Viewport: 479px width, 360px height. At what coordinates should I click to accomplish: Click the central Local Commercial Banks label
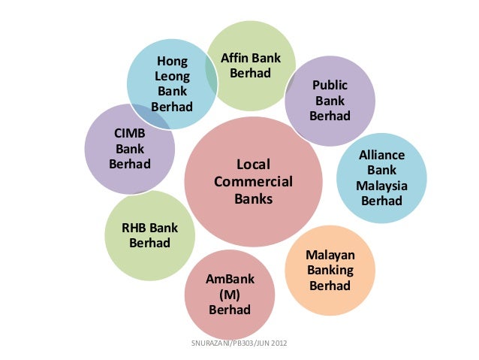253,182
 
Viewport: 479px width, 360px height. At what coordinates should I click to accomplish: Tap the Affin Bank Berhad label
250,66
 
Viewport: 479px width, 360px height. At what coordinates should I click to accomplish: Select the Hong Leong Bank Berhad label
172,83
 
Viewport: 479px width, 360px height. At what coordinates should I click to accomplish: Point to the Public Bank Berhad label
330,101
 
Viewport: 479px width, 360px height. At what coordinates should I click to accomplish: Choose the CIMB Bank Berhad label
130,148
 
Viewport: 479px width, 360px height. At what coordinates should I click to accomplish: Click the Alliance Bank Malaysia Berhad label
381,178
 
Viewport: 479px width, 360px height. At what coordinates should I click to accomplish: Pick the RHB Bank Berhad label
150,235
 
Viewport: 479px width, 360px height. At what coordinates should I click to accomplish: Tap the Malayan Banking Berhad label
330,271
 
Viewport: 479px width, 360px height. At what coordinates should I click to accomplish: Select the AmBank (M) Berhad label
230,295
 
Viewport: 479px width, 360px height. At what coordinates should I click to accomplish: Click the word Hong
172,61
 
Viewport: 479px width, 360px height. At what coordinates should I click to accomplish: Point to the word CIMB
130,133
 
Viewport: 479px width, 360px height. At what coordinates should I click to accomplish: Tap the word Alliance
381,156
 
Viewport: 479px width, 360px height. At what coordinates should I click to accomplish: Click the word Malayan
330,256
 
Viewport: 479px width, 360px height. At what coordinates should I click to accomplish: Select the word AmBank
230,280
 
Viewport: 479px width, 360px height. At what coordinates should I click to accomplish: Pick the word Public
330,85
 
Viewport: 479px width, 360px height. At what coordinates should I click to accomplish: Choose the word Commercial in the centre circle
253,182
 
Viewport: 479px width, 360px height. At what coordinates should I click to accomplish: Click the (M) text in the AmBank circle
230,295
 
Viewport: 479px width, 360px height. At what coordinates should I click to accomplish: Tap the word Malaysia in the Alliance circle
381,186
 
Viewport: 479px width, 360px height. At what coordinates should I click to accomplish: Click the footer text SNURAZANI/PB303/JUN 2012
239,344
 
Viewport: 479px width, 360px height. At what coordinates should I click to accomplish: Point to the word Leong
172,76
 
